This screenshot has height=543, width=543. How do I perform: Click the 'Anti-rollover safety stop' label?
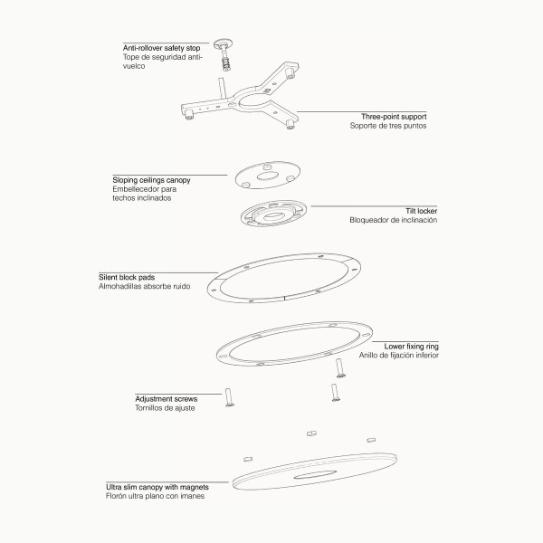161,48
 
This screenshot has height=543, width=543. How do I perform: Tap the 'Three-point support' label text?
394,117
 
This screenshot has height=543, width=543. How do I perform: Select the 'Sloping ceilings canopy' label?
151,180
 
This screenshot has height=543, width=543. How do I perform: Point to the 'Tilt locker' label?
421,211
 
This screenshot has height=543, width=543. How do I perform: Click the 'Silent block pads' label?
127,278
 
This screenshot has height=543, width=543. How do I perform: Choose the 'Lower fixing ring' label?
411,347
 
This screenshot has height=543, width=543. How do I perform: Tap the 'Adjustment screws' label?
167,399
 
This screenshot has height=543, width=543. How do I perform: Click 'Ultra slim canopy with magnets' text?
157,487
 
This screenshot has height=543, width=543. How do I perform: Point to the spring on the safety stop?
225,63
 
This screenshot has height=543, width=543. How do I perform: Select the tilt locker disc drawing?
273,214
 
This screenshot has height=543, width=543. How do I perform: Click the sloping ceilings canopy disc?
268,175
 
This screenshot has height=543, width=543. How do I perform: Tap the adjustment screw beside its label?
229,397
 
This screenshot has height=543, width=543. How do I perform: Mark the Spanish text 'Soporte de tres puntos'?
388,126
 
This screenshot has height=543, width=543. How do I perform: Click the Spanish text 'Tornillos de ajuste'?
165,408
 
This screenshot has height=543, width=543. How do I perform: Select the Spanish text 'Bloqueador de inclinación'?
393,220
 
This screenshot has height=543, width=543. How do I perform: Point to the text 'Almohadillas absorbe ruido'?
145,286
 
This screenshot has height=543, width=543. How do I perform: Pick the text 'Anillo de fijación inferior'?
398,356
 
